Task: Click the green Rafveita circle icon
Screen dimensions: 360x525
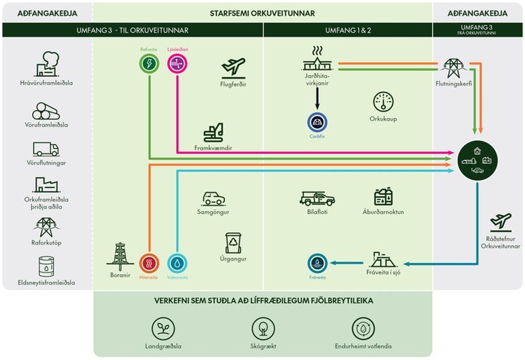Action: click(150, 64)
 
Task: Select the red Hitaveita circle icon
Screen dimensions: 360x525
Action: click(150, 263)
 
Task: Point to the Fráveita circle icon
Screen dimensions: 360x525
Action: click(318, 264)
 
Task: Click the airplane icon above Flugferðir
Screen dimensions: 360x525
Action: click(234, 66)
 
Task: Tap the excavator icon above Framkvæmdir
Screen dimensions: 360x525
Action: click(213, 133)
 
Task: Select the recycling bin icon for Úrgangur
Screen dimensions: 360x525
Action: click(234, 243)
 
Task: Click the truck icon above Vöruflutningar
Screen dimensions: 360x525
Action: click(46, 149)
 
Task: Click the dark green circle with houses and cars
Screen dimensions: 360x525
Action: click(477, 159)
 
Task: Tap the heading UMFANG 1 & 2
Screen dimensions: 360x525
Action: click(347, 30)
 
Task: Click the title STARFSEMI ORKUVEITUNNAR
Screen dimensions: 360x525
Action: click(262, 12)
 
